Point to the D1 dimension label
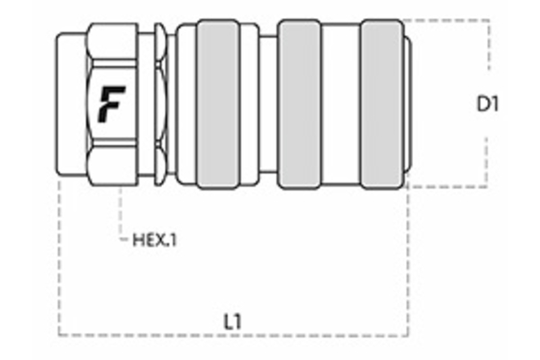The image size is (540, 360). click(x=487, y=104)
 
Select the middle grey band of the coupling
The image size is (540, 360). click(x=301, y=105)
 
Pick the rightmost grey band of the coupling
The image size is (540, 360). click(x=382, y=105)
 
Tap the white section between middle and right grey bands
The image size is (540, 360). click(x=341, y=105)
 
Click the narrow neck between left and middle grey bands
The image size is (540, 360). click(x=267, y=105)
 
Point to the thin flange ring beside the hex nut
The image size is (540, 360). click(x=160, y=105)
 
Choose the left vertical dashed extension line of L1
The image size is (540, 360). click(x=59, y=261)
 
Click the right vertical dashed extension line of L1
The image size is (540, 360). click(x=407, y=261)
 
